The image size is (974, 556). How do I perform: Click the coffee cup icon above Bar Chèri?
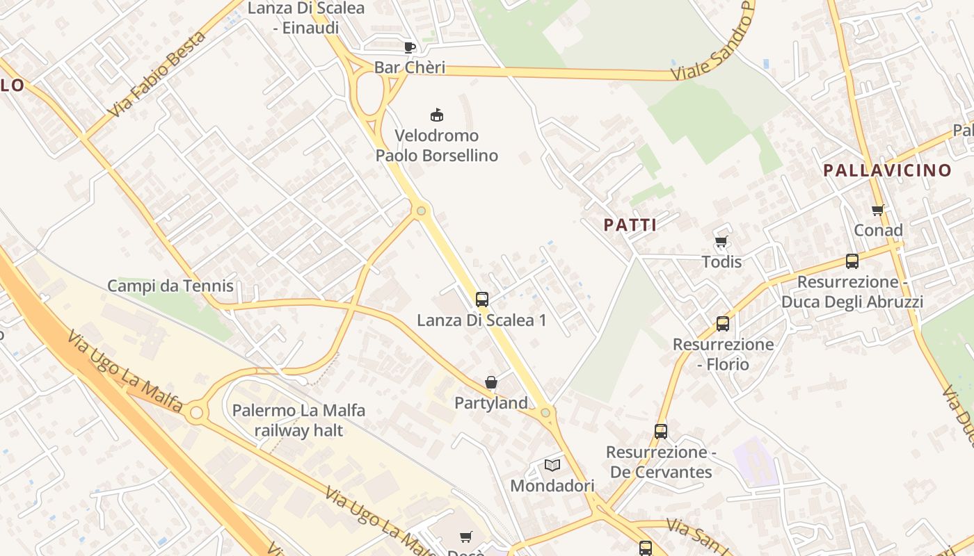[x=410, y=47]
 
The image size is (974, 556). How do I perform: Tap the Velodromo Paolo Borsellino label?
[x=437, y=145]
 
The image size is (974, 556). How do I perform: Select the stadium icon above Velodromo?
[x=437, y=115]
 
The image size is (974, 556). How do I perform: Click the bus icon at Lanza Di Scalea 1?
[x=481, y=300]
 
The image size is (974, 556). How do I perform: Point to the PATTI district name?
[x=630, y=225]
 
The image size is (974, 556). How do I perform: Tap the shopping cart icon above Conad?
[x=878, y=210]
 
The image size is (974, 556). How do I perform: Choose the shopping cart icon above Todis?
[x=721, y=242]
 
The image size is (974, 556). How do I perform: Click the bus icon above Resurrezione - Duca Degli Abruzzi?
[x=852, y=261]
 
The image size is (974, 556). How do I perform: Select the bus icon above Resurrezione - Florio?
[x=723, y=323]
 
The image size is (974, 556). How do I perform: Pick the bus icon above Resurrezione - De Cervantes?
[x=661, y=431]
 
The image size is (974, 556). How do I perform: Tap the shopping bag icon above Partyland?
[x=491, y=382]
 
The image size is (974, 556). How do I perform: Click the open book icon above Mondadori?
[x=552, y=464]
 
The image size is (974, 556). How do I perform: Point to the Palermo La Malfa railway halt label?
[x=298, y=420]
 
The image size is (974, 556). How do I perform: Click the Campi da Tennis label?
[x=170, y=286]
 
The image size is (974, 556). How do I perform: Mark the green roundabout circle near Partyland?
[x=545, y=413]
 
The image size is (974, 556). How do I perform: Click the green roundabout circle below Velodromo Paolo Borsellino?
[x=421, y=210]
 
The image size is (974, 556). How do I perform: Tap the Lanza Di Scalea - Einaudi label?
[x=306, y=18]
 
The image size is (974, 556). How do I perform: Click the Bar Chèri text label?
[x=409, y=68]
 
